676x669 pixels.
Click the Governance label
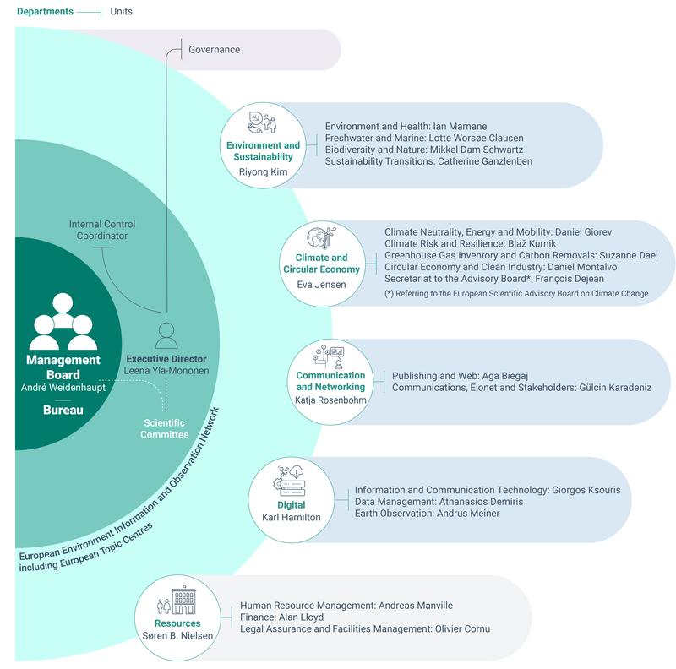click(215, 50)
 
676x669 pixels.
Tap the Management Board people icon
click(63, 321)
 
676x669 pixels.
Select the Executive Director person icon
click(166, 335)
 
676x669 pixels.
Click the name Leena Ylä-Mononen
click(166, 371)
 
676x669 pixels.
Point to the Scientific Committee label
click(164, 429)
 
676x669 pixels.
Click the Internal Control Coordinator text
click(102, 231)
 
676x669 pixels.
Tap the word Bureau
click(63, 410)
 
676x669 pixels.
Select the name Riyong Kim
click(263, 172)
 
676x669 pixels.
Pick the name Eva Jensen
click(321, 285)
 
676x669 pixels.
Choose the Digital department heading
click(291, 505)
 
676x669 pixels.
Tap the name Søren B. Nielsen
click(177, 636)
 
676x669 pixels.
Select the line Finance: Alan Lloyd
click(281, 617)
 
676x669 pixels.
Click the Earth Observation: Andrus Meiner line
click(428, 514)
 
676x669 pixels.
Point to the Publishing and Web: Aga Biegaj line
click(460, 376)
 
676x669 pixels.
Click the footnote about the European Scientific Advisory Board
click(516, 294)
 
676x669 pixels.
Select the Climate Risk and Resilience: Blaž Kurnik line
click(471, 243)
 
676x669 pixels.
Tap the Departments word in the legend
click(46, 12)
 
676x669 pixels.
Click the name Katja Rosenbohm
click(330, 400)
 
